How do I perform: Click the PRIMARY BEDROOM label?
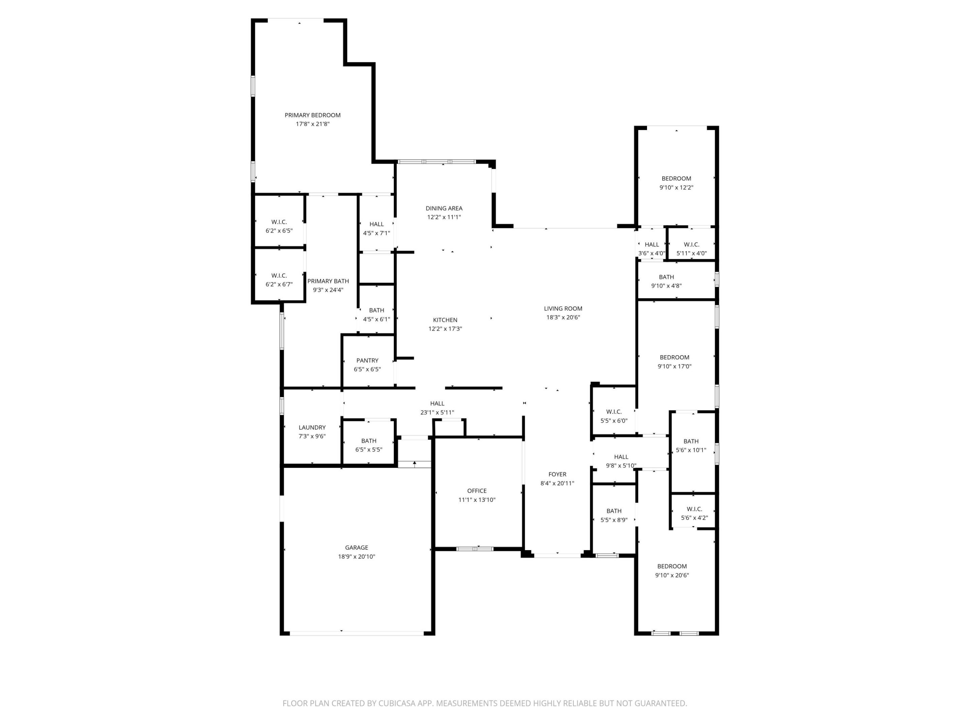tap(312, 115)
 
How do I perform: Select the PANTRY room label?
tap(367, 360)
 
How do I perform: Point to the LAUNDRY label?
tap(312, 427)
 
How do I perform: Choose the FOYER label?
tap(557, 474)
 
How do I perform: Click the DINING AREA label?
tap(444, 208)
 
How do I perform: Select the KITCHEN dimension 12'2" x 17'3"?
tap(445, 329)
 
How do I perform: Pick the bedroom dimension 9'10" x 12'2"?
tap(676, 187)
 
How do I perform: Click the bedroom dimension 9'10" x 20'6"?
tap(672, 575)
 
